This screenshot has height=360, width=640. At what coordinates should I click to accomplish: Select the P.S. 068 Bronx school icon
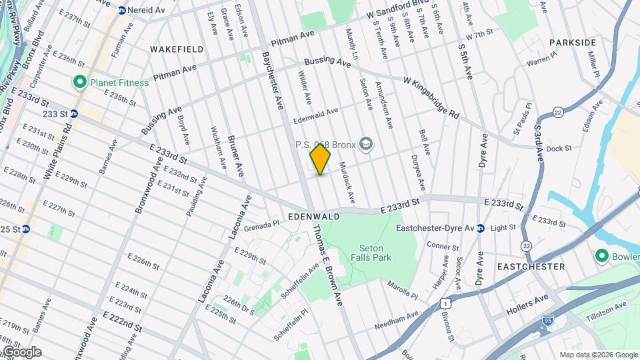point(365,143)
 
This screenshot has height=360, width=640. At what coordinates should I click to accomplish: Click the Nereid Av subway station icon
point(121,10)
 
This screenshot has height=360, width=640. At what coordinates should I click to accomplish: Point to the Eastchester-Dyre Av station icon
point(480,228)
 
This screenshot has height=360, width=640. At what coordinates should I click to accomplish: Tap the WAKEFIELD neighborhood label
point(177,49)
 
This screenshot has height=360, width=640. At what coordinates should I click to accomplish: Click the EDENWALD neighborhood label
point(314,217)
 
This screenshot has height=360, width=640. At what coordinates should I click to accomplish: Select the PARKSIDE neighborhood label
point(573,43)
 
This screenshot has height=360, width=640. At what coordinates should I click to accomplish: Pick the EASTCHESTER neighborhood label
point(531,266)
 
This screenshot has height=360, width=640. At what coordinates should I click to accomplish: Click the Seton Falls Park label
point(371,253)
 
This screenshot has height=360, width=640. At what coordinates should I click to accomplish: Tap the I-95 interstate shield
point(547,319)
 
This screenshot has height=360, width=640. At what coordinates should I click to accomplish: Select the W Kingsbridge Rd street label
point(431,96)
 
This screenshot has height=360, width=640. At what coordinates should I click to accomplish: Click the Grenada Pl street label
point(259,226)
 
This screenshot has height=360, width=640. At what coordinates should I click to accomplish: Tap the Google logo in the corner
point(21,352)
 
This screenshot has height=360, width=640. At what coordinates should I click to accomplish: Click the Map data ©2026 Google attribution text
point(598,355)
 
